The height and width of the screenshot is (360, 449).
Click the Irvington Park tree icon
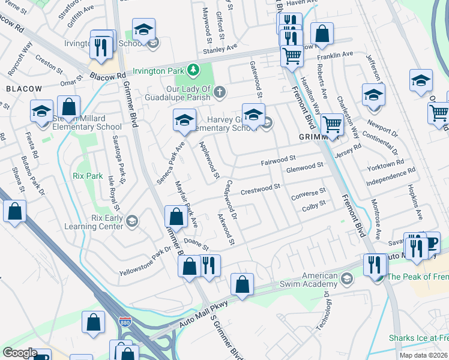pos(193,71)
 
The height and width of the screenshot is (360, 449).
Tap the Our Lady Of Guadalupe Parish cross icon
pos(220,92)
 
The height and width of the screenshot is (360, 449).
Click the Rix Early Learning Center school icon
pos(131,222)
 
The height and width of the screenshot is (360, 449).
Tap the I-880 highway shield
pos(125,322)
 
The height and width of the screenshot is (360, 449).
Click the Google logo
pos(20,353)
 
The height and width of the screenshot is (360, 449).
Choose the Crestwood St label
pos(261,190)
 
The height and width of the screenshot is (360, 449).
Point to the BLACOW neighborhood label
pos(24,89)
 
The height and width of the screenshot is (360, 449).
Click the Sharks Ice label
pos(418,338)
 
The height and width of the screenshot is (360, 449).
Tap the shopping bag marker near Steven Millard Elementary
pos(69,107)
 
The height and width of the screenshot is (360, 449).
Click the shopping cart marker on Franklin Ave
pos(292,56)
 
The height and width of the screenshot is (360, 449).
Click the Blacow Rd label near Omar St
pos(107,76)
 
